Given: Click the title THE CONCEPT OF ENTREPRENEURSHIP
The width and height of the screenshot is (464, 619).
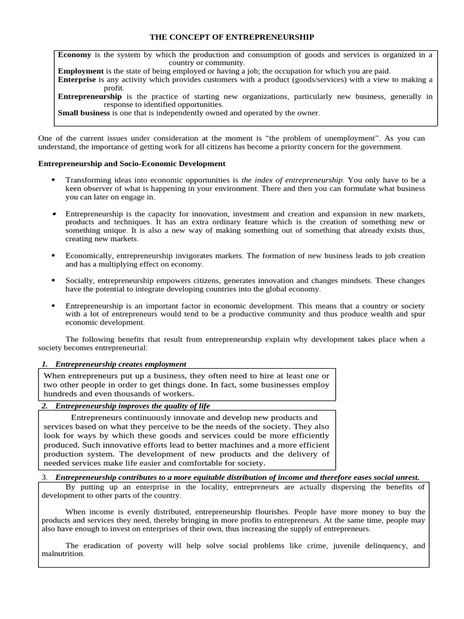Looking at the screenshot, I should pos(232,37).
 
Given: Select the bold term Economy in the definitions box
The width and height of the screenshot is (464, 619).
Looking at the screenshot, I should pos(74,54).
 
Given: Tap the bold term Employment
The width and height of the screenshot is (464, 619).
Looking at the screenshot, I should pos(80,71).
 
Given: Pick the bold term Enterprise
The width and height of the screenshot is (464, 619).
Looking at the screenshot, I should pos(77,79).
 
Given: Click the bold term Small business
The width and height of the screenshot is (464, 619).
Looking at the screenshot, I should pos(83,112).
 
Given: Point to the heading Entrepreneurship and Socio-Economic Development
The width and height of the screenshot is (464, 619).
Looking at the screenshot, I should pos(132,163).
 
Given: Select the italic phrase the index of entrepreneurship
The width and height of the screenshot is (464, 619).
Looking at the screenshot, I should pos(292,180).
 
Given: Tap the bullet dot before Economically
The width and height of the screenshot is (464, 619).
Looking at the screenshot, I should pos(53,256).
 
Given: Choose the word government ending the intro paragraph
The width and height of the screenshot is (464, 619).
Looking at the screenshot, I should pos(382,147).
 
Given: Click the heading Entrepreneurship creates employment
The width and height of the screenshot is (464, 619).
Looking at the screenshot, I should pos(120,364).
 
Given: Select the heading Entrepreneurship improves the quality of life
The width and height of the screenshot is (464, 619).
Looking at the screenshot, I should pos(132,406).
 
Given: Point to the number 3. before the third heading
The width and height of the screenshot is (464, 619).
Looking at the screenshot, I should pos(45,477).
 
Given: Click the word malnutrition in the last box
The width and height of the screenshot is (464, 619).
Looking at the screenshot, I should pos(62,553).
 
